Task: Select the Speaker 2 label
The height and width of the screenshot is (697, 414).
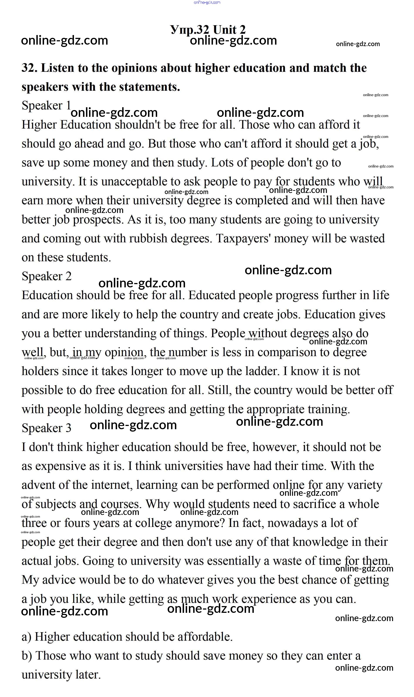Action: [x=47, y=276]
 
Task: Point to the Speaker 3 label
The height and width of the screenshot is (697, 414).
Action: [x=47, y=428]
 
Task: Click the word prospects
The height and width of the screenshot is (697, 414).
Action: [x=98, y=220]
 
